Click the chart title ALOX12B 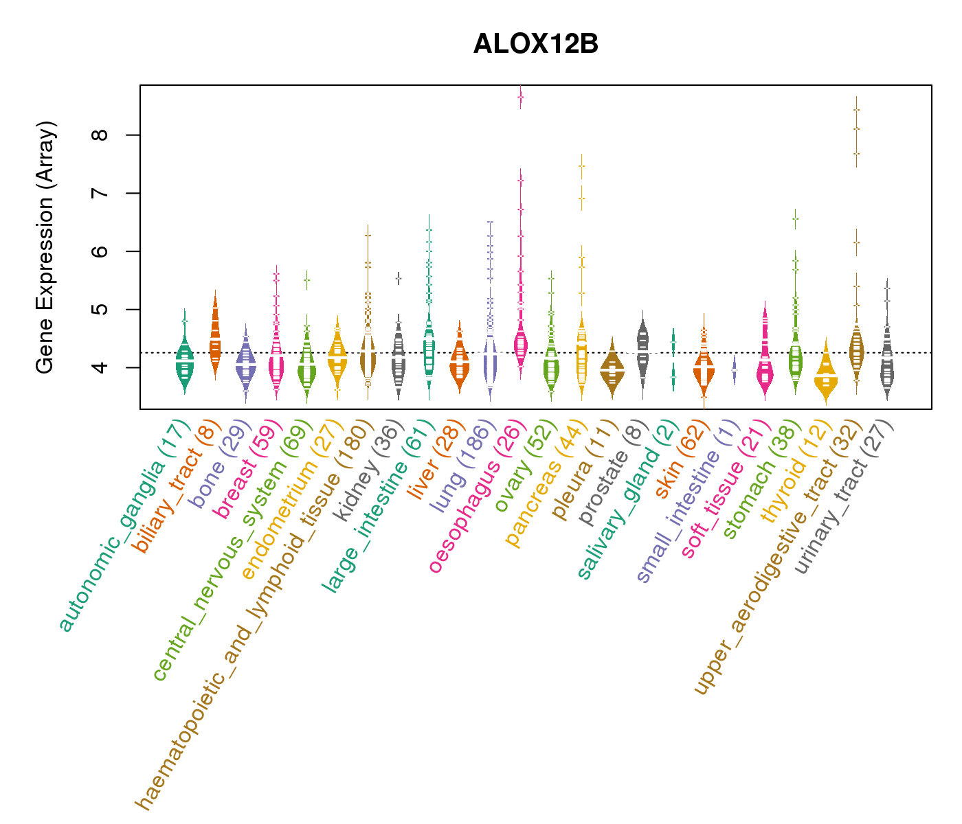point(535,44)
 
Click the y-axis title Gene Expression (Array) point(45,247)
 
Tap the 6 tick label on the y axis point(103,251)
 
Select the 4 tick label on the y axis point(103,367)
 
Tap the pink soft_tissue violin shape point(765,364)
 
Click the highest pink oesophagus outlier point point(521,98)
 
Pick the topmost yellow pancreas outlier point point(581,166)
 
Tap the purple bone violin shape point(245,365)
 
